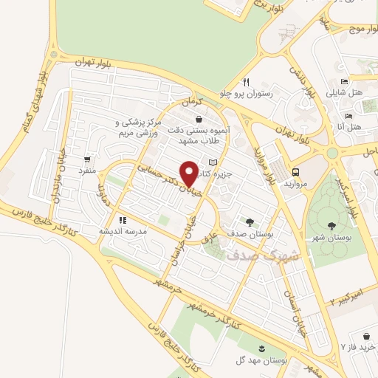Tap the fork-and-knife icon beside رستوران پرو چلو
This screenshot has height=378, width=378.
coord(247,82)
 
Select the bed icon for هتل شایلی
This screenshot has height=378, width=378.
coord(346,82)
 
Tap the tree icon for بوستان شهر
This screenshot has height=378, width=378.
coord(329,227)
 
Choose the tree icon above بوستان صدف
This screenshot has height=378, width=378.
coord(250,221)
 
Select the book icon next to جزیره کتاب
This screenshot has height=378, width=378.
coord(213,162)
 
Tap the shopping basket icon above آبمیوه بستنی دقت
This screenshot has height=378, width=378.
coord(198,119)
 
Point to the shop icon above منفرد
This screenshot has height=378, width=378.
coord(89,159)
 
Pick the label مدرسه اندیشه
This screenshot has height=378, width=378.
coord(124,230)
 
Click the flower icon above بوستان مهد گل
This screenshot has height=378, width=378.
coord(261,347)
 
